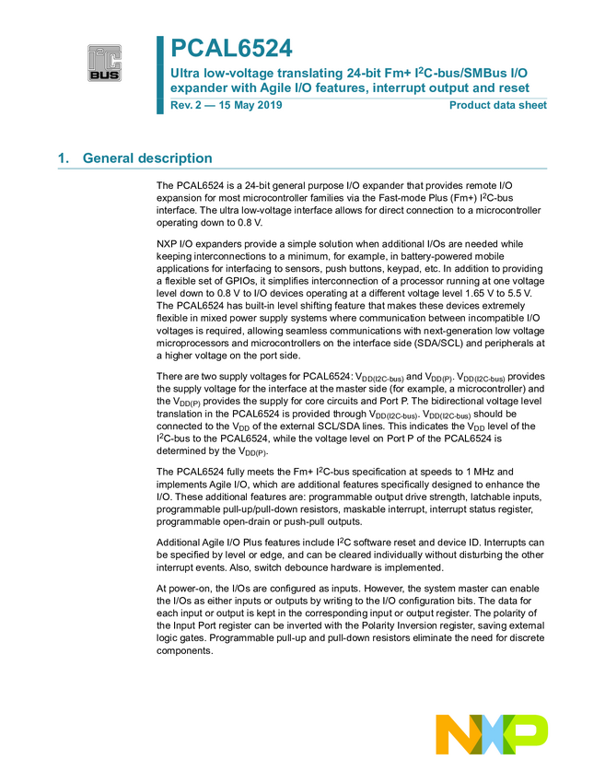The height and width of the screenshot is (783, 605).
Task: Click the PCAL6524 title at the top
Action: [231, 48]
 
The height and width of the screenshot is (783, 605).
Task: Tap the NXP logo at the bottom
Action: [492, 734]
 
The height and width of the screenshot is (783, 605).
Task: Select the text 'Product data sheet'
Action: [497, 105]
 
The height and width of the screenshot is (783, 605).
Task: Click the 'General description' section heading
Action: [147, 158]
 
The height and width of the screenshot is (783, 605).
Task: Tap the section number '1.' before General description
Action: [64, 158]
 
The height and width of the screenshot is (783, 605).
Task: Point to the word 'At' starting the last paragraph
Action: [162, 588]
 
